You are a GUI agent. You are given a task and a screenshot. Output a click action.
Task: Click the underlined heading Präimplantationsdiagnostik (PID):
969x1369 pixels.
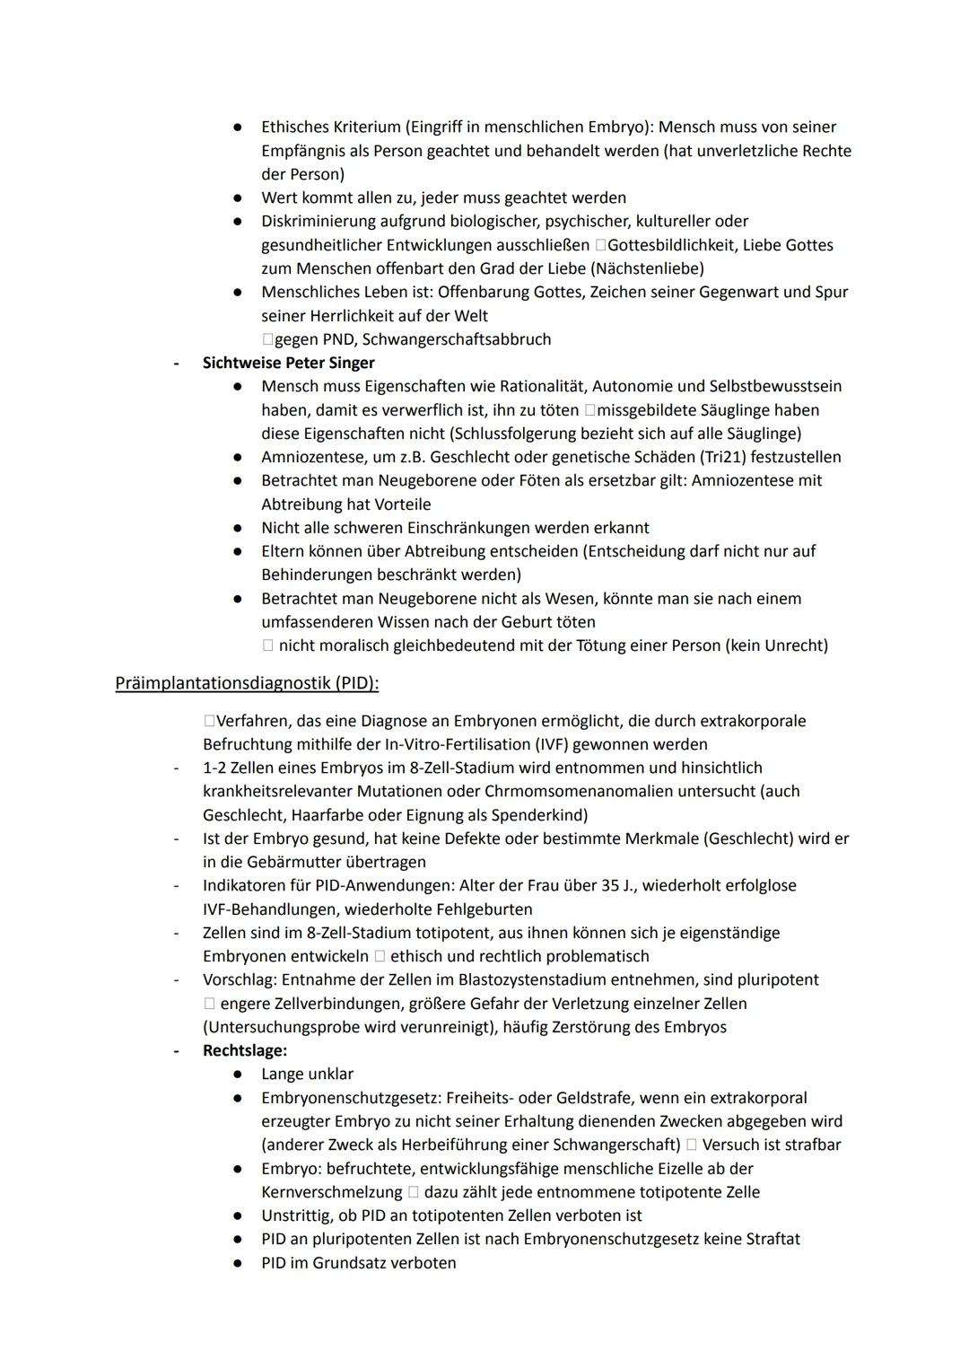[x=247, y=683]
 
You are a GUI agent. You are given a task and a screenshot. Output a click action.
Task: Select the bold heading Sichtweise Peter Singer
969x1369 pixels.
[x=288, y=363]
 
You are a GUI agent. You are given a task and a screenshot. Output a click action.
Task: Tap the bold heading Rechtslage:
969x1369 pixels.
[x=245, y=1050]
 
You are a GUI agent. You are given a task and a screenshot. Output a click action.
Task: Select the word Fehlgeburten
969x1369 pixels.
[x=484, y=908]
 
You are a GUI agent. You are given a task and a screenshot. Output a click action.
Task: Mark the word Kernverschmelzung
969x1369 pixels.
[x=331, y=1192]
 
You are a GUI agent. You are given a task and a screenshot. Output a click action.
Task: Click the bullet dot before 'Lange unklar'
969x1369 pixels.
[x=238, y=1074]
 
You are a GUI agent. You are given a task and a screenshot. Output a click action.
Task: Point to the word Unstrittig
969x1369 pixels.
[x=298, y=1215]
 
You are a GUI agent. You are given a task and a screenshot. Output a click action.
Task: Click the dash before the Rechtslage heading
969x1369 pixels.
[x=176, y=1050]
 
